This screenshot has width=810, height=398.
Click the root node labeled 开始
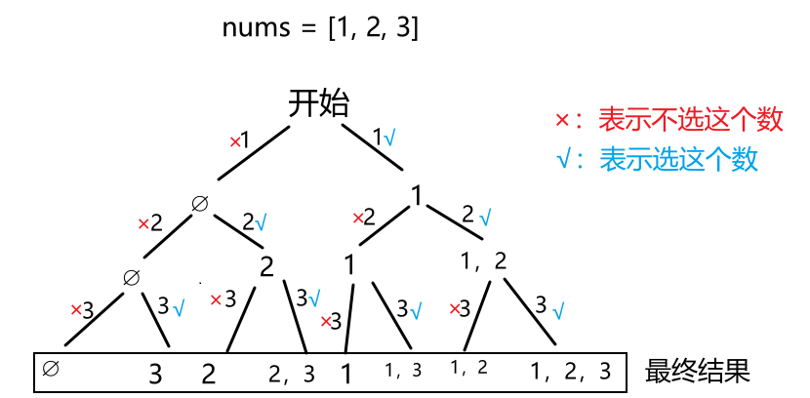point(319,103)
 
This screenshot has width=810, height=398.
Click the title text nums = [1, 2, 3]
point(319,28)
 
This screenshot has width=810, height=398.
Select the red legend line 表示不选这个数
point(669,119)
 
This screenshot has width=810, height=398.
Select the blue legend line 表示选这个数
point(657,158)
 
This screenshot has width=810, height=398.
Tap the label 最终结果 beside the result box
point(697,372)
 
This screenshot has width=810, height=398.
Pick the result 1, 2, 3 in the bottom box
point(571,371)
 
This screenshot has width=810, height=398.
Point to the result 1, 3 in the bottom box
point(402,369)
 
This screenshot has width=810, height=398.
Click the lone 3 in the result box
point(154,373)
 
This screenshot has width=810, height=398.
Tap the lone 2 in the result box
point(208,373)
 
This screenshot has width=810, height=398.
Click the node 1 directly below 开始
point(418,196)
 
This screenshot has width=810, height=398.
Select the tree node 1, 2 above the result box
point(484,260)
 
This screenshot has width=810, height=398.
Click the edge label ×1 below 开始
point(239,140)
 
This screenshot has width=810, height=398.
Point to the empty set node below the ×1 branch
point(200,203)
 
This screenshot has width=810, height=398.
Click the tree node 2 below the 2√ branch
point(266,265)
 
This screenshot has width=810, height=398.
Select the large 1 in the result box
point(345,372)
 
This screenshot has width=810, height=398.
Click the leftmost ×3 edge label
point(82,310)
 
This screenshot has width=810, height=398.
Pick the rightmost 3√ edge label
point(550,308)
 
